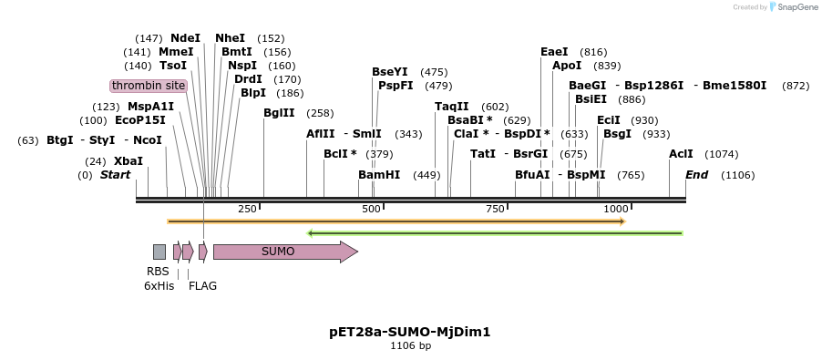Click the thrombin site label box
tap(149, 86)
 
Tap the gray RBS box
tap(159, 252)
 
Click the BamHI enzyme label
tap(379, 175)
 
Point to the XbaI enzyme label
tap(128, 161)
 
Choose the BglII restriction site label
tap(279, 113)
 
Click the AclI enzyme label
tap(681, 154)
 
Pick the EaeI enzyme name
tap(554, 52)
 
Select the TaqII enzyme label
tap(452, 107)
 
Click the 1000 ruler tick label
tap(616, 210)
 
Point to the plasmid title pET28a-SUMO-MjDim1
tap(410, 332)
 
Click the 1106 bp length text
tap(410, 346)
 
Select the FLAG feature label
tap(202, 285)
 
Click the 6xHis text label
tap(159, 285)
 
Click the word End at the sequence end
tap(696, 175)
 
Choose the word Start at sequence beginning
tap(115, 175)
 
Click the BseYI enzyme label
tap(390, 72)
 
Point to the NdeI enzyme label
tap(185, 38)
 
